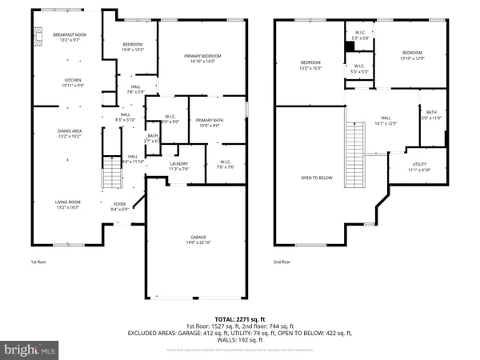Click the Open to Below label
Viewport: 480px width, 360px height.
tap(316, 178)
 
